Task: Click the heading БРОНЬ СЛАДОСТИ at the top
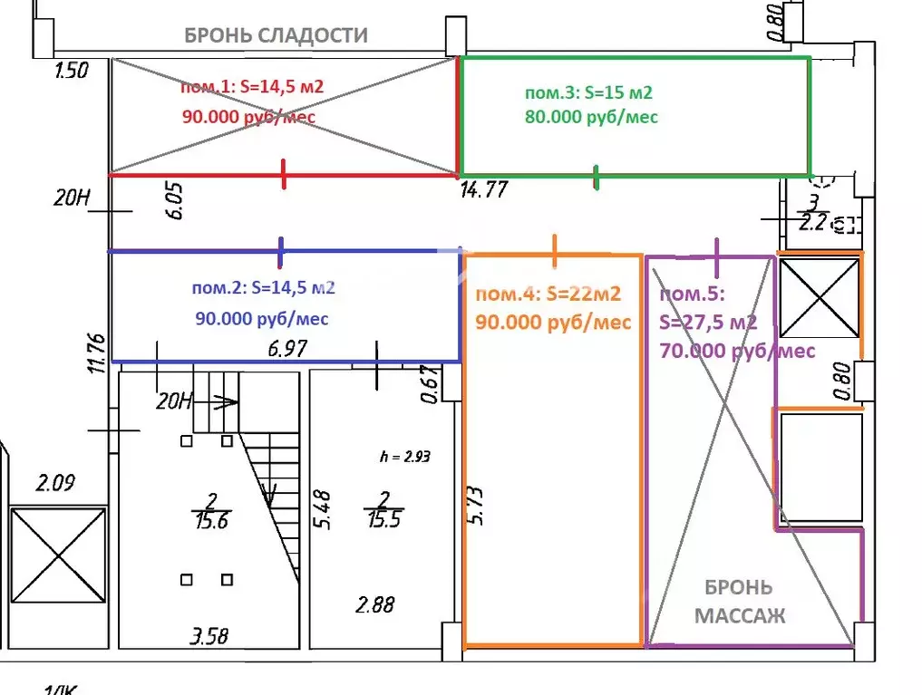coord(277,35)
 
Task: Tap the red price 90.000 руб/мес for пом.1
coord(249,117)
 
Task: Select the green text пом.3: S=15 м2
coord(589,92)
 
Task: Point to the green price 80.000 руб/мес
coord(591,117)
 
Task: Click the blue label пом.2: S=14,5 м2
coord(264,288)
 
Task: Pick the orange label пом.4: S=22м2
coord(548,294)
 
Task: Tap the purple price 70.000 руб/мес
coord(737,350)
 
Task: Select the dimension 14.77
coord(483,189)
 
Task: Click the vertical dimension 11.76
coord(99,353)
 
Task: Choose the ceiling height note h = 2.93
coord(403,457)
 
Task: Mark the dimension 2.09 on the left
coord(53,482)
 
